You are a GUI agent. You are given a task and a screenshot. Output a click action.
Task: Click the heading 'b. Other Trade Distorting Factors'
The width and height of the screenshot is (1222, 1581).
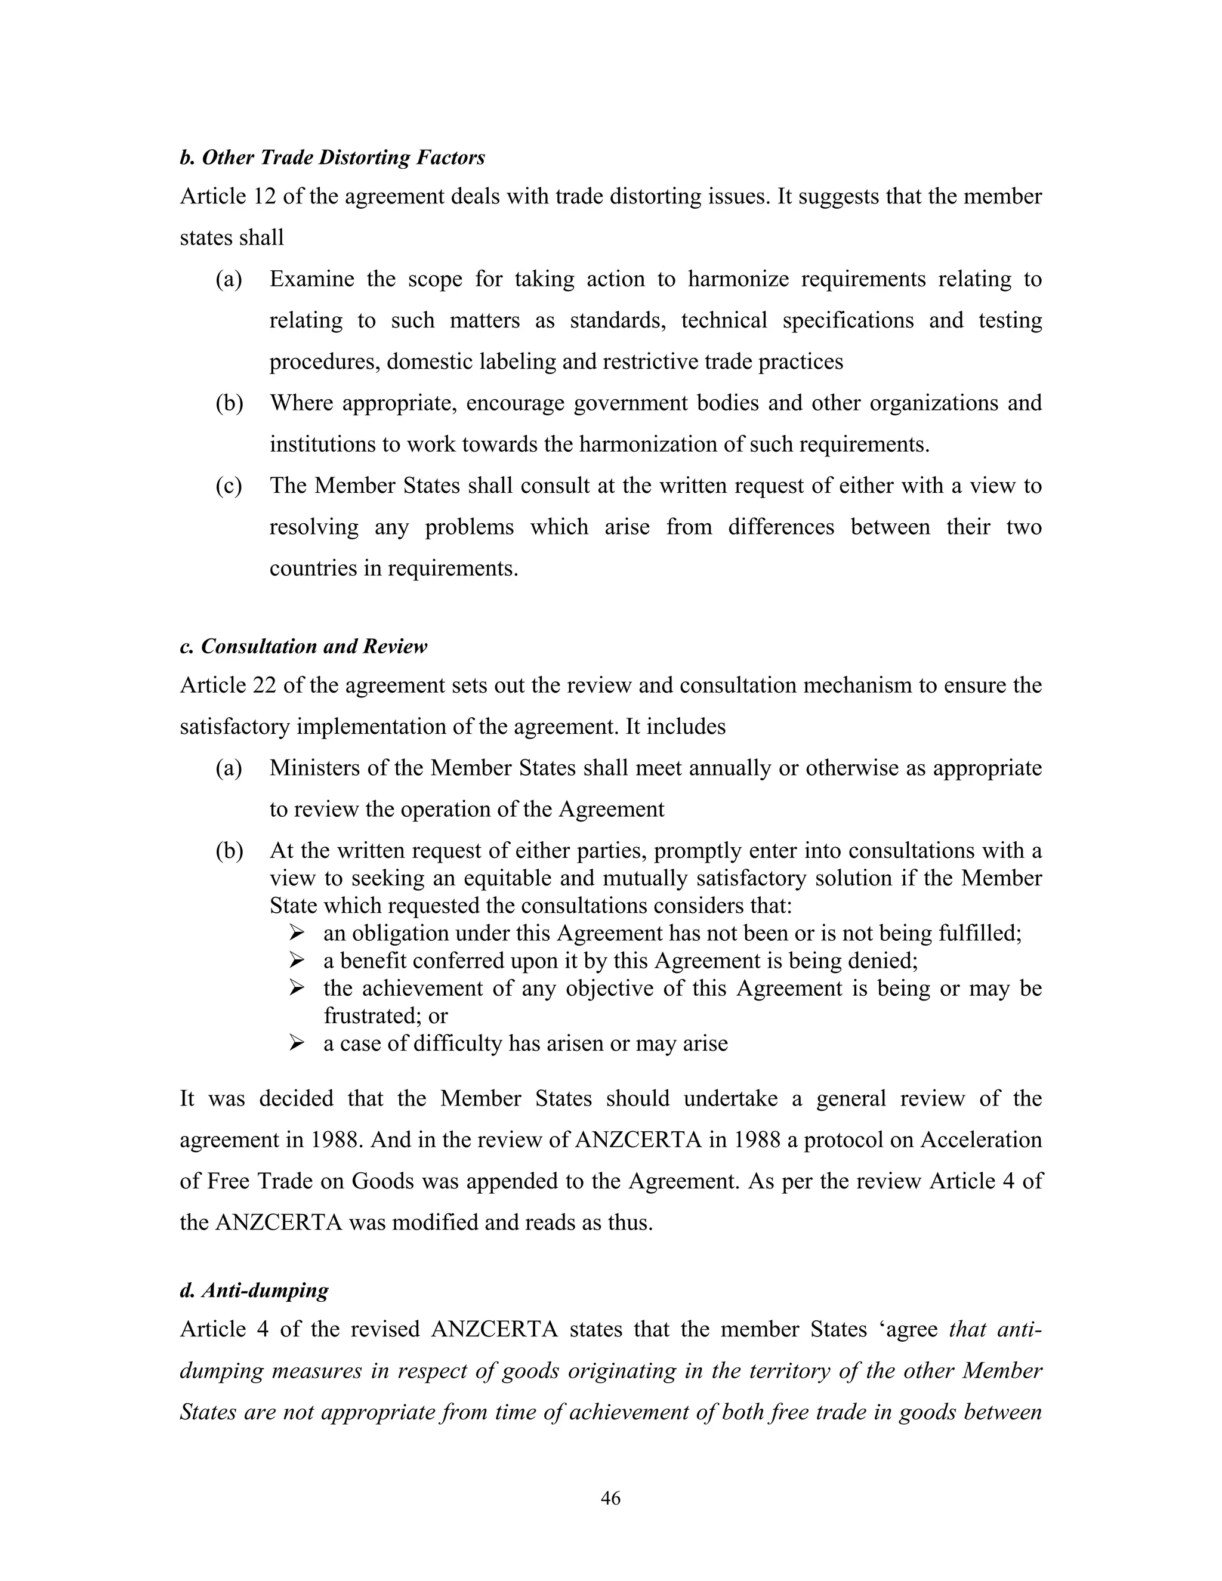point(332,158)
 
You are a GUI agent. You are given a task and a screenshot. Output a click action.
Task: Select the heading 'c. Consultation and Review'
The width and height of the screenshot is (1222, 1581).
point(303,647)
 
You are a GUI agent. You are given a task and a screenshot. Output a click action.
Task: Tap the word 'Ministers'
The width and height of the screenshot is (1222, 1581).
point(314,768)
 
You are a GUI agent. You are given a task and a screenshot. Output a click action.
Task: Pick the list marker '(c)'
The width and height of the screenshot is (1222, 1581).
point(229,486)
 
